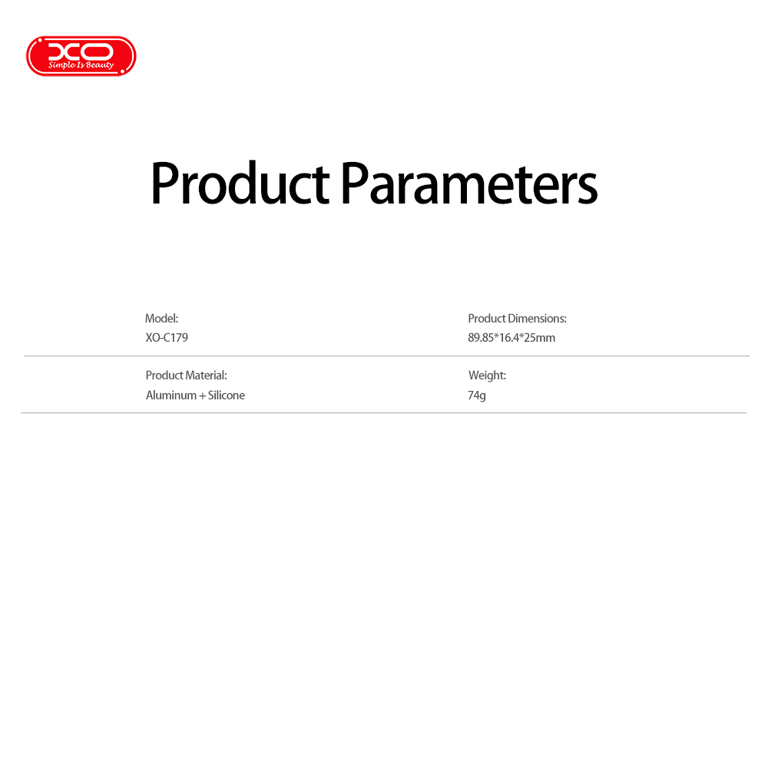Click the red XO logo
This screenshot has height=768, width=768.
81,56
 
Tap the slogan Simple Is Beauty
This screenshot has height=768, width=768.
81,65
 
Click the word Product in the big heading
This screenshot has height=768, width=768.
240,183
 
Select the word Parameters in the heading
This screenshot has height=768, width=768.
468,183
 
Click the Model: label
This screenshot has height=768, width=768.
161,319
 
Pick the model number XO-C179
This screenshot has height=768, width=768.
167,337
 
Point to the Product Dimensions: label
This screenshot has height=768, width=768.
517,319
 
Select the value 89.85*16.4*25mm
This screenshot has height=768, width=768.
511,337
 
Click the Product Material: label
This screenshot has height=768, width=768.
186,376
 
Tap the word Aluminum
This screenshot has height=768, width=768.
171,396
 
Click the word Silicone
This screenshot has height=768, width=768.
227,396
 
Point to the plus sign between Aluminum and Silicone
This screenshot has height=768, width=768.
202,396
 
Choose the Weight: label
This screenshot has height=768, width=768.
487,376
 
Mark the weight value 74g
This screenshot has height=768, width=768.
477,396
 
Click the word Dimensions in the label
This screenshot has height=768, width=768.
538,319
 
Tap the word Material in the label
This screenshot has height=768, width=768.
206,376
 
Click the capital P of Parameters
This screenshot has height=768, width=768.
354,183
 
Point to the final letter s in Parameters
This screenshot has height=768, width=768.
588,188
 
